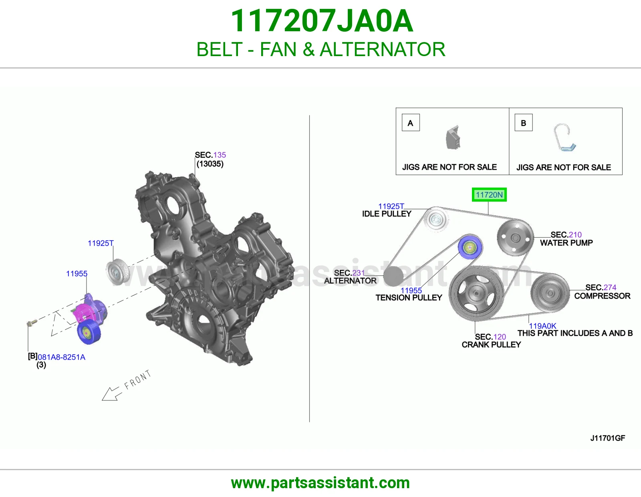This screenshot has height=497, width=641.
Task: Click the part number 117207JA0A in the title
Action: pyautogui.click(x=322, y=21)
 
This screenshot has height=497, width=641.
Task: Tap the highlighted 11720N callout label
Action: pyautogui.click(x=489, y=194)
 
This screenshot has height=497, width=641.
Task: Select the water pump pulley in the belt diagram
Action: pyautogui.click(x=515, y=238)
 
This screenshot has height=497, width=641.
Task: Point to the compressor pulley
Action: pyautogui.click(x=550, y=293)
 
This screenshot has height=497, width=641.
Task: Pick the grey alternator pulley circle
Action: pyautogui.click(x=393, y=276)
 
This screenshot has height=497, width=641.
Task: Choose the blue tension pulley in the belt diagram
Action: pyautogui.click(x=470, y=247)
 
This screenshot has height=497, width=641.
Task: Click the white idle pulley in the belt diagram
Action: pyautogui.click(x=436, y=220)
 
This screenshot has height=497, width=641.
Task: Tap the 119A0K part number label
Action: pyautogui.click(x=542, y=326)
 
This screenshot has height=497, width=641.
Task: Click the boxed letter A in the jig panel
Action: pyautogui.click(x=411, y=123)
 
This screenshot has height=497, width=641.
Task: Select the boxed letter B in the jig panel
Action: pyautogui.click(x=524, y=123)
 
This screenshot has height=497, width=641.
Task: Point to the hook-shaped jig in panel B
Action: pyautogui.click(x=564, y=137)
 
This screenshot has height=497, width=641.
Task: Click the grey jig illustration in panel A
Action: pyautogui.click(x=453, y=137)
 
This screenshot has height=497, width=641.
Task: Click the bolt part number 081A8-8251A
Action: pyautogui.click(x=61, y=357)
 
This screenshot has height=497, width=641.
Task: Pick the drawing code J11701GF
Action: pyautogui.click(x=608, y=438)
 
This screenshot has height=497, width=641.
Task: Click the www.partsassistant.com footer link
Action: pyautogui.click(x=320, y=483)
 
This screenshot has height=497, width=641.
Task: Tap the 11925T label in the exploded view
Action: pyautogui.click(x=101, y=243)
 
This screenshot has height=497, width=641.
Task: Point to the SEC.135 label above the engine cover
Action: pyautogui.click(x=210, y=155)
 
